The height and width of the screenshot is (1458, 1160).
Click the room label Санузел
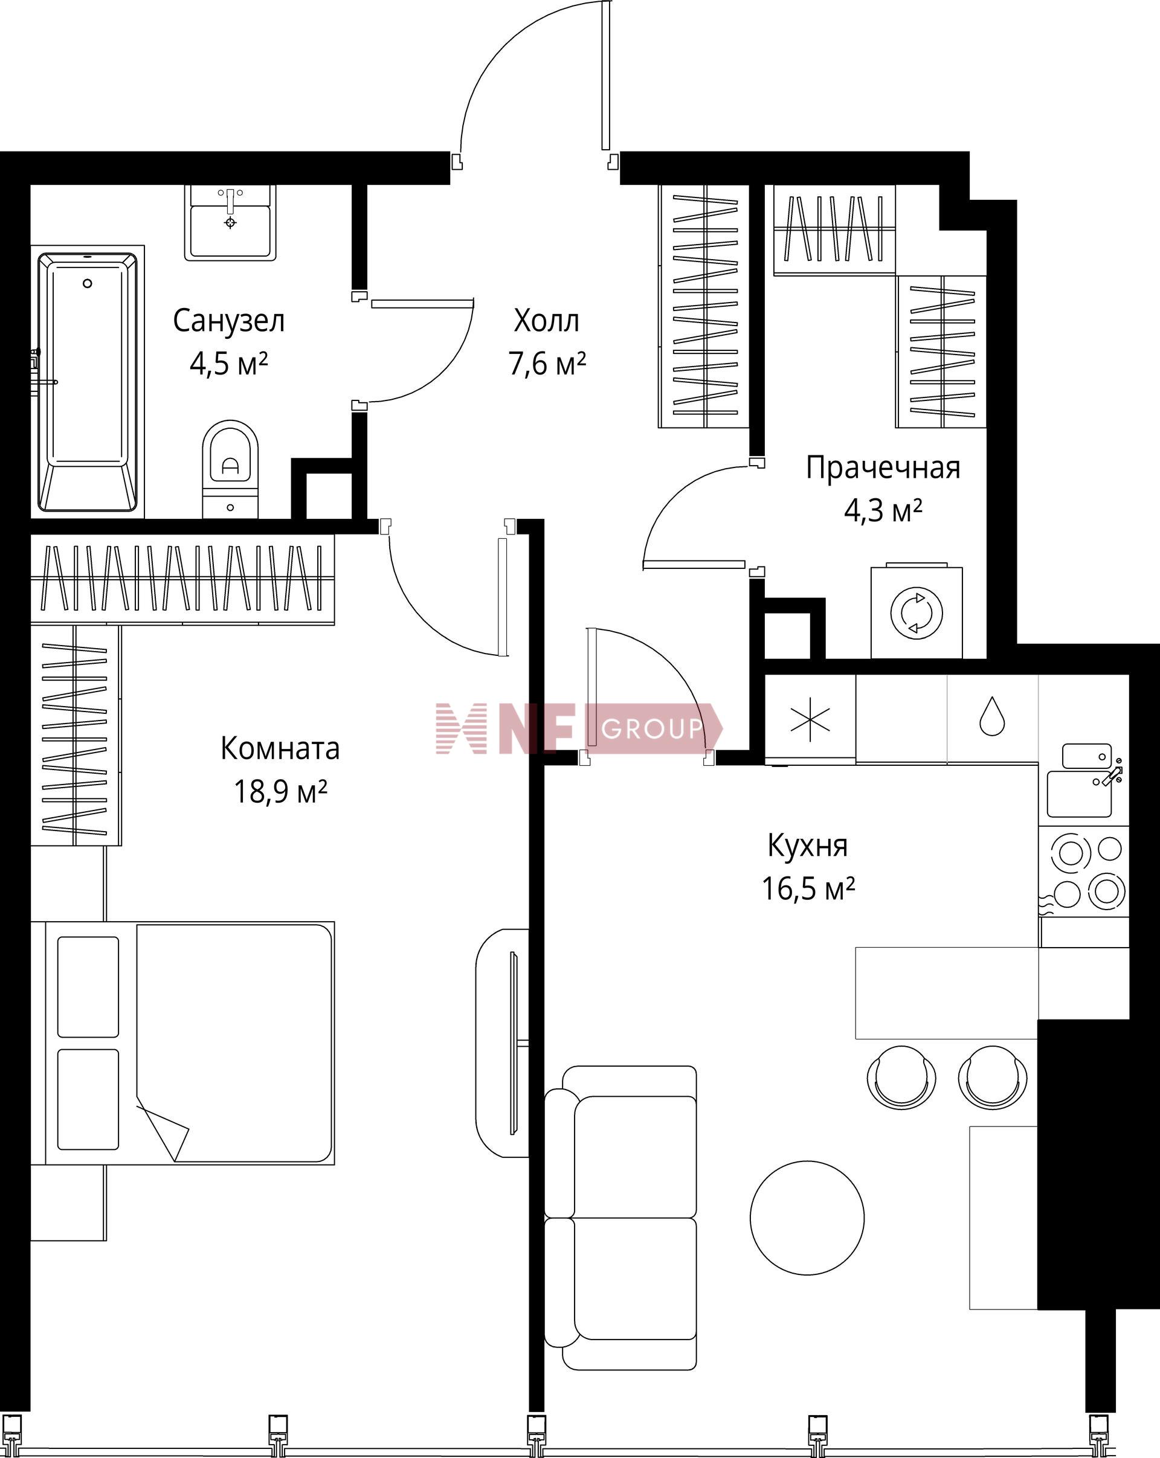(x=228, y=321)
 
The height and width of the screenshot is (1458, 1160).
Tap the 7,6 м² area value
(x=547, y=364)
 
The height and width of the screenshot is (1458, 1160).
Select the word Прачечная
(x=883, y=468)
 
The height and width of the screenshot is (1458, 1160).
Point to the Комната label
(x=280, y=748)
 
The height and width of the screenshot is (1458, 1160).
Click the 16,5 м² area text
(x=808, y=888)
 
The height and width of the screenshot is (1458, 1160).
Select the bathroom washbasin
(x=231, y=222)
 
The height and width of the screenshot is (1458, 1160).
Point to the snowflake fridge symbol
(x=810, y=719)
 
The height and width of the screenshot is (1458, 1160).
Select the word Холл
(x=547, y=321)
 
